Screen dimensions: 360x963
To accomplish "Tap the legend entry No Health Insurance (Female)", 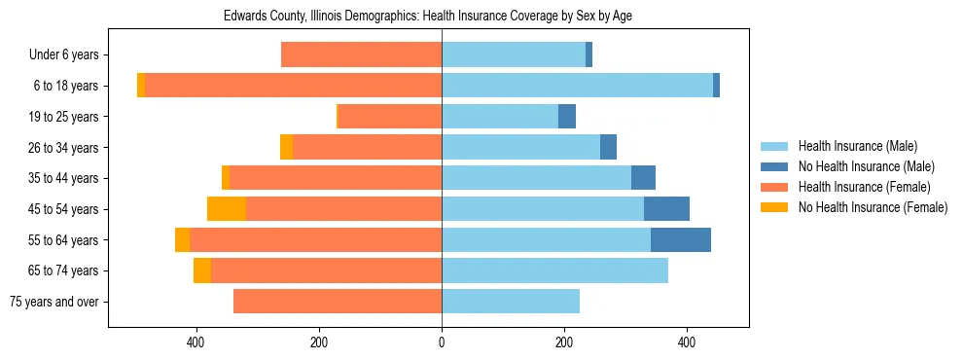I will pos(873,207).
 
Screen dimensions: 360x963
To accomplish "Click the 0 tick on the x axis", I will pos(442,342).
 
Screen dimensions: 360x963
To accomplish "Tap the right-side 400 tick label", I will pos(687,342).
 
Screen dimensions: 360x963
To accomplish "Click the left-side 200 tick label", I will pos(319,342).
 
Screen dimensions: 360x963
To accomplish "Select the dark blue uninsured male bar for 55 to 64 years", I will pos(681,239).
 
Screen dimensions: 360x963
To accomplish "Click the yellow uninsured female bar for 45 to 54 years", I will pos(227,209).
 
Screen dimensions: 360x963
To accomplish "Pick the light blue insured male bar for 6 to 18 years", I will pos(577,86).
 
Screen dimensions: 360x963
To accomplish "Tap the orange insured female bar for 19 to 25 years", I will pos(390,117).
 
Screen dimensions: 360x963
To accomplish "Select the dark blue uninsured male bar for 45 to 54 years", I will pos(666,209).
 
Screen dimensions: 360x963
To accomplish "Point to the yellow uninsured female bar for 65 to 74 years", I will pos(202,270).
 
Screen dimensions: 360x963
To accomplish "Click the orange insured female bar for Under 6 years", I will pos(361,55).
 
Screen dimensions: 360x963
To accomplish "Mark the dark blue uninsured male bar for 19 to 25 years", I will pos(567,117).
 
